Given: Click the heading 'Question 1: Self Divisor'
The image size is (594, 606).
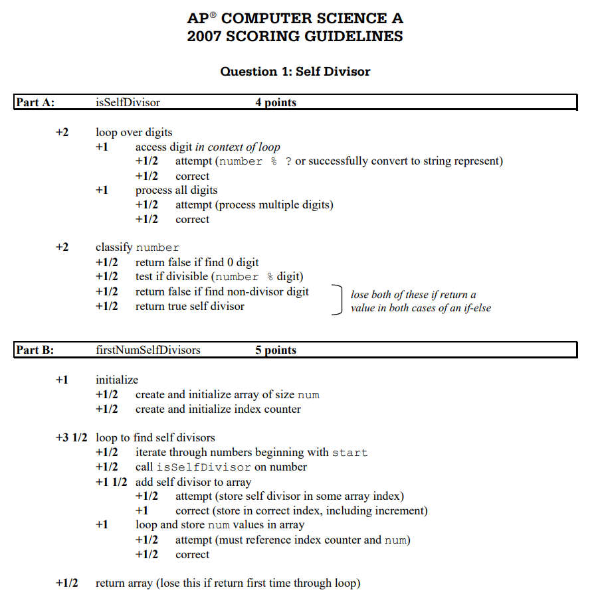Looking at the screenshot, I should coord(295,71).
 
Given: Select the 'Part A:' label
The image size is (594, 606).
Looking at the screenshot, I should coord(35,102).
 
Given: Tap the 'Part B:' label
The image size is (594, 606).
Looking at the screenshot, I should coord(35,350).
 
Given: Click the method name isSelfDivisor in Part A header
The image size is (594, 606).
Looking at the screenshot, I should coord(128,102).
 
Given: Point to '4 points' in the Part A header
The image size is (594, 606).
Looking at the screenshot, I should coord(276,102).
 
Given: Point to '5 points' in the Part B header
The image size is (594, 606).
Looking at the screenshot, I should coord(276,350).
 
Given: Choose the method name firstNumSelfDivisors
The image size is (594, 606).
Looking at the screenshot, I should coord(148,350).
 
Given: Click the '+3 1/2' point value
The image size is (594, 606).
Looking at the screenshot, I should coord(72,437).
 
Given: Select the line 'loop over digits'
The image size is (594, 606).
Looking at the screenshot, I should coord(134,132).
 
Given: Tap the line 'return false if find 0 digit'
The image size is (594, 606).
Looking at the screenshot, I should coord(197,262).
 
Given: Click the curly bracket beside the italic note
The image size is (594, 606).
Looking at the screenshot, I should coord(339,299).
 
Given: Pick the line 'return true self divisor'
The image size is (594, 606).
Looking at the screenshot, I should coord(190,306).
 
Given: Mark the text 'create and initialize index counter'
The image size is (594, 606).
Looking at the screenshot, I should coord(218,409).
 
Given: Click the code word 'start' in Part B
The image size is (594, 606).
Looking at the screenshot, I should coord(349,453).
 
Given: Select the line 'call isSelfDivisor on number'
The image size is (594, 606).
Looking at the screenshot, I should coord(221,467).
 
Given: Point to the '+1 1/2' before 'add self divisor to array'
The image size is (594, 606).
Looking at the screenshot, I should coord(111,482).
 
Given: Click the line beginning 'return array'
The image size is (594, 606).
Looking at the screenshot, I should coord(228,583).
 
